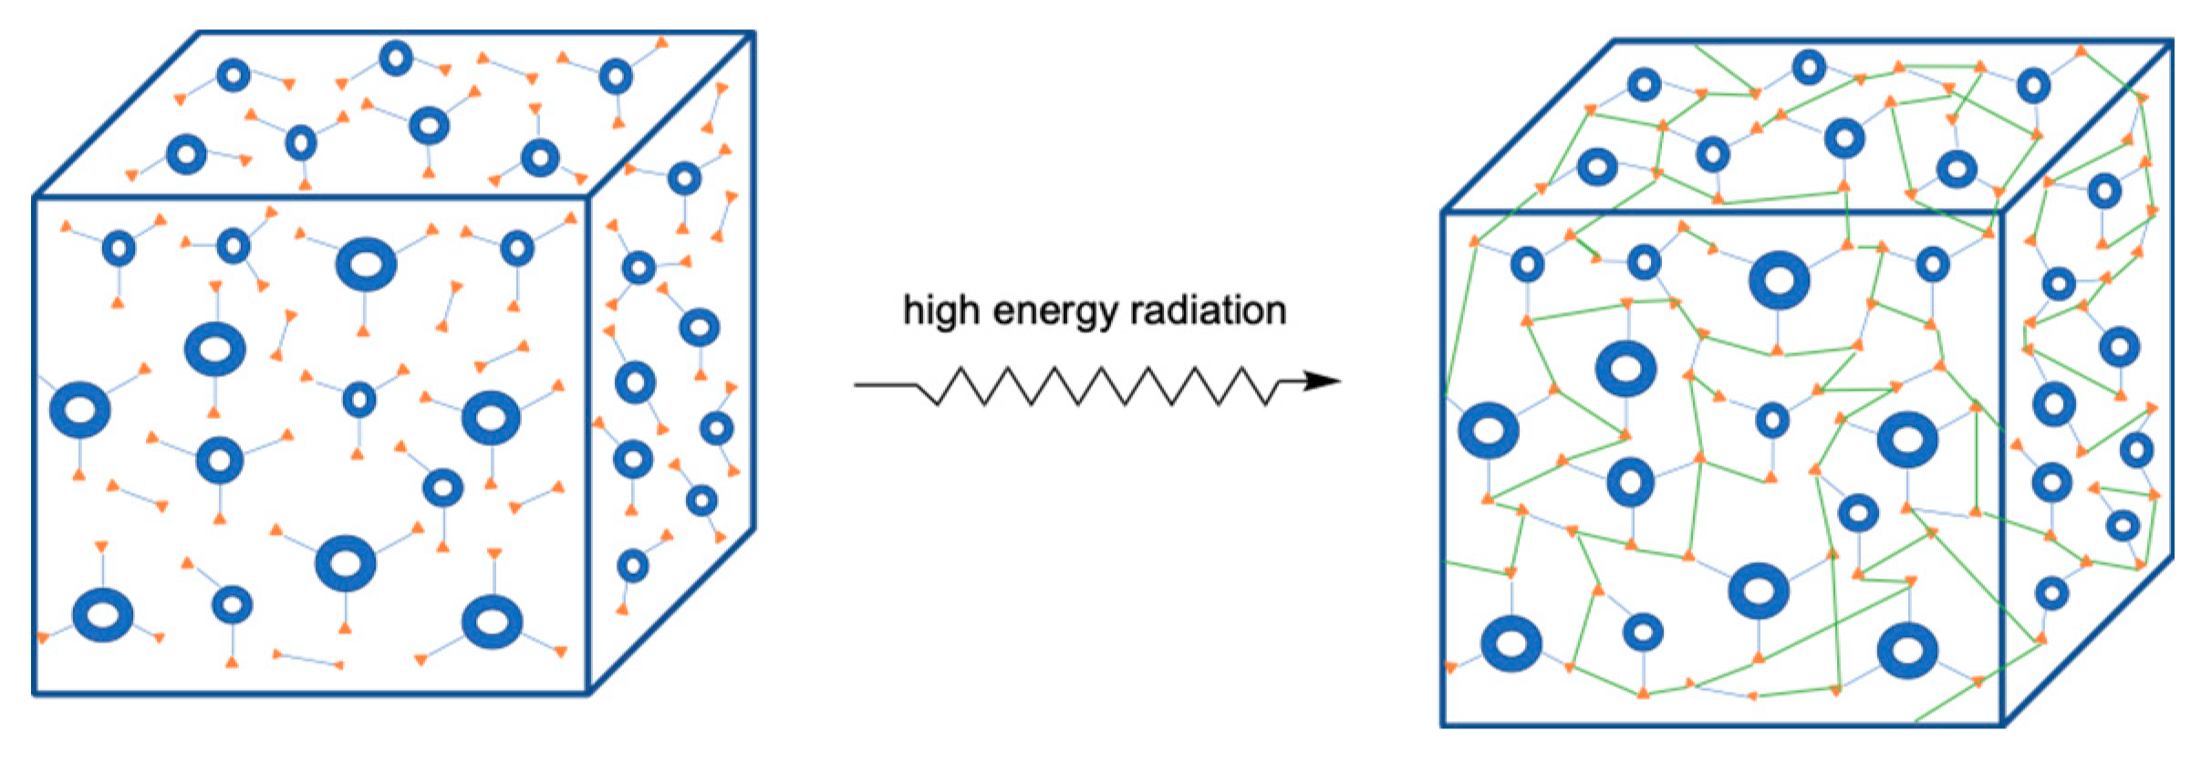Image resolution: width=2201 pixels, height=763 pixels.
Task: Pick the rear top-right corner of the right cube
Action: (2172, 42)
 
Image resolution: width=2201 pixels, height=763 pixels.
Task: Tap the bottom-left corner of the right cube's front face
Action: (1444, 726)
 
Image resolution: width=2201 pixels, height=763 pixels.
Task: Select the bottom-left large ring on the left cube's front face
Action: (103, 614)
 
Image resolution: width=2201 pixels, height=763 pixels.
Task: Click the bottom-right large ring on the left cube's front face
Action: (492, 622)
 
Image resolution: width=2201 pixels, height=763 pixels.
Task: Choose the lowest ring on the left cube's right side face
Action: (632, 566)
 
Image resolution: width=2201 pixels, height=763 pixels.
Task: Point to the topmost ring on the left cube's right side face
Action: (684, 178)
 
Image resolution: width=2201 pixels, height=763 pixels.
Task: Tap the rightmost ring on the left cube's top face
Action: (617, 77)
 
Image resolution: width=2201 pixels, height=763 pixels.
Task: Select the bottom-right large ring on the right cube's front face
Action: (1907, 651)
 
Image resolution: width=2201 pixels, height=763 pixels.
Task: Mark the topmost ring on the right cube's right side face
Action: (2104, 192)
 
